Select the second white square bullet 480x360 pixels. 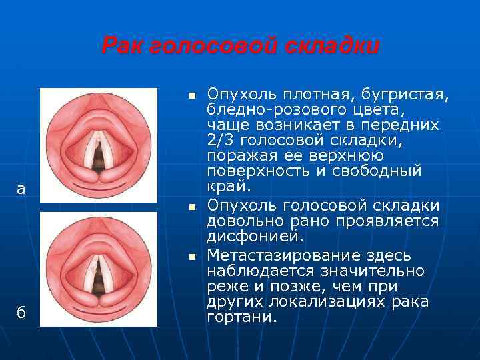(x=191, y=209)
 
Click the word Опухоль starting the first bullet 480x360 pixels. (x=237, y=92)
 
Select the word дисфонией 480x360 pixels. (x=255, y=237)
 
